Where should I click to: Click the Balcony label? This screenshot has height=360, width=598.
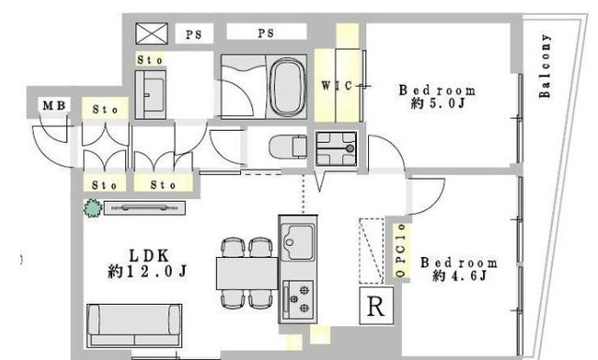[x=545, y=65]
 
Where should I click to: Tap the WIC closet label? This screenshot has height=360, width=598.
[x=336, y=85]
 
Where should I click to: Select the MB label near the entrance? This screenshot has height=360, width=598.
[x=54, y=105]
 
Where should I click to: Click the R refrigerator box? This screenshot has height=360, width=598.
[x=376, y=306]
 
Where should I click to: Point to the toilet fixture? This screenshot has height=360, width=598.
[x=288, y=147]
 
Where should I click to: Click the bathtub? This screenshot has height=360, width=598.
[x=287, y=87]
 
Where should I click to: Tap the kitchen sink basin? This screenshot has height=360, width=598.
[x=298, y=242]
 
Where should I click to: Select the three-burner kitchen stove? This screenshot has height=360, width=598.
[x=298, y=300]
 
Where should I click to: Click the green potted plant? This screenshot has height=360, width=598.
[x=93, y=209]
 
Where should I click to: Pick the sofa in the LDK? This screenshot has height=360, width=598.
[x=135, y=325]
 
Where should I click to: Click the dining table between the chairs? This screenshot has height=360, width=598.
[x=247, y=274]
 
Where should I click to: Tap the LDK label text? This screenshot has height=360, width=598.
[x=149, y=256]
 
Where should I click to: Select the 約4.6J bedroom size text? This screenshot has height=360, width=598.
[x=460, y=275]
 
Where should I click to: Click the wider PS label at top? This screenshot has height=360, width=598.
[x=265, y=34]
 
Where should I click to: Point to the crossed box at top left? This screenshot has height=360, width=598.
[x=151, y=34]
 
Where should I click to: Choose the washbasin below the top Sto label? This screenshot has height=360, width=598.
[x=150, y=94]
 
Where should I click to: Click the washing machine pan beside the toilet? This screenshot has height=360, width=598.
[x=336, y=149]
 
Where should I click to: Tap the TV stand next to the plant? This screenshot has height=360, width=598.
[x=145, y=209]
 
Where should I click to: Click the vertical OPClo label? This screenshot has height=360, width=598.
[x=401, y=251]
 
